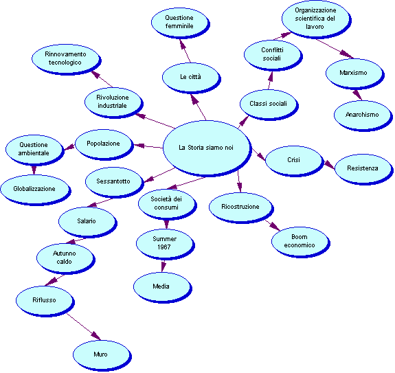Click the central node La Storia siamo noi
[207, 148]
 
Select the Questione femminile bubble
[180, 23]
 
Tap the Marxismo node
[354, 74]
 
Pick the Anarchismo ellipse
[363, 115]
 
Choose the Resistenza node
[364, 169]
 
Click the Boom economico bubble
[300, 242]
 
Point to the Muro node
[102, 355]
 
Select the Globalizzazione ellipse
[36, 190]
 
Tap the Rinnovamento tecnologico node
[66, 60]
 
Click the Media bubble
[163, 287]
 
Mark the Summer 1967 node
[166, 244]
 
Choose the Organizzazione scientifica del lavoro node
[317, 19]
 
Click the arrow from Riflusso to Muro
[84, 327]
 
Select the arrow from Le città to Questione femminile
[185, 51]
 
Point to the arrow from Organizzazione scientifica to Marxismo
[335, 49]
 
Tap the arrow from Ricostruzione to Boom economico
[273, 225]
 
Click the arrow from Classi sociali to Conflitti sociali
[270, 80]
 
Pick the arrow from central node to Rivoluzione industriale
[155, 121]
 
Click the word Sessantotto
[113, 181]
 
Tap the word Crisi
[293, 160]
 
